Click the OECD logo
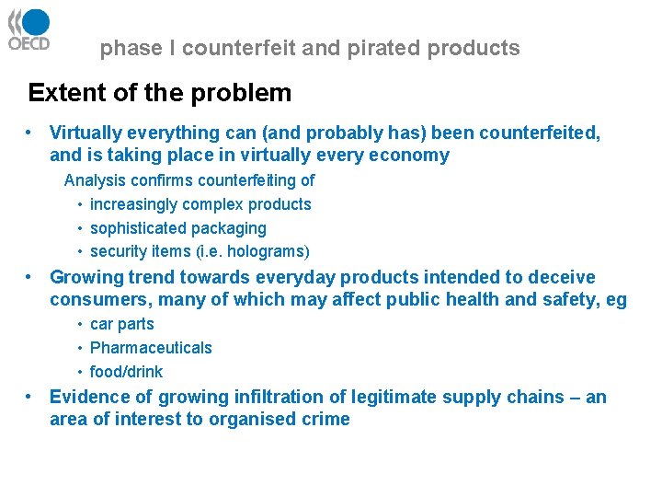[x=29, y=30]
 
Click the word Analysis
[x=95, y=180]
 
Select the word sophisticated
[x=139, y=228]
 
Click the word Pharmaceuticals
[x=151, y=348]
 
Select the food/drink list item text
[x=126, y=372]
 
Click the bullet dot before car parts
[x=81, y=324]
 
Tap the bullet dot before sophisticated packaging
[x=81, y=228]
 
